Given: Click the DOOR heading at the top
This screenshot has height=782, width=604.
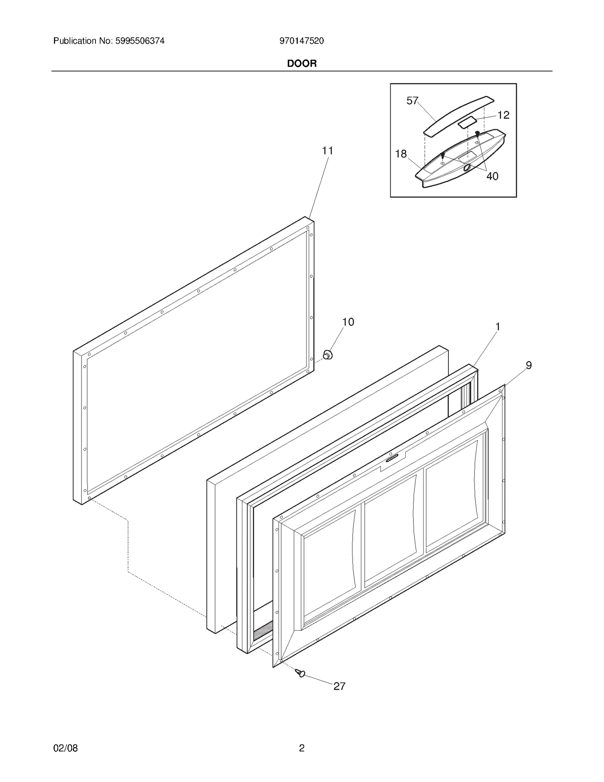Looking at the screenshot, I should pyautogui.click(x=302, y=63).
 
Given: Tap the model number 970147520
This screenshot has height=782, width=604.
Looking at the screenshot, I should pyautogui.click(x=302, y=41).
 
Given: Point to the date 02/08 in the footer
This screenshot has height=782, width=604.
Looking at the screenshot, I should pyautogui.click(x=66, y=748).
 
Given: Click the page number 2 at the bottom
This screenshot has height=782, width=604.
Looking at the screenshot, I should pyautogui.click(x=302, y=748).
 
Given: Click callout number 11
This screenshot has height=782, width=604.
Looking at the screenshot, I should pyautogui.click(x=327, y=151).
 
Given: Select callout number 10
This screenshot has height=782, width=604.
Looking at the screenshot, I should pyautogui.click(x=348, y=322).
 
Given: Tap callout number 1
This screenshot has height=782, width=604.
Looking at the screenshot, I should pyautogui.click(x=498, y=327).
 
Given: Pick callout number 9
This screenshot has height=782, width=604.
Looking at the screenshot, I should pyautogui.click(x=528, y=365).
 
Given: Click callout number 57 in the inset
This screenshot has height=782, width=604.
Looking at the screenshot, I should pyautogui.click(x=412, y=100).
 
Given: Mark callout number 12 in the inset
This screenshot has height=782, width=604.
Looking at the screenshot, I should pyautogui.click(x=503, y=115).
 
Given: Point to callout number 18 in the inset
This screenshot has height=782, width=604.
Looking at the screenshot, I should pyautogui.click(x=401, y=154).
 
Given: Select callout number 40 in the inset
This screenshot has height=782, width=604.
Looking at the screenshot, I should pyautogui.click(x=492, y=176).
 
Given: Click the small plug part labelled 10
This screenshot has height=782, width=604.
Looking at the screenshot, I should pyautogui.click(x=328, y=355).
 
